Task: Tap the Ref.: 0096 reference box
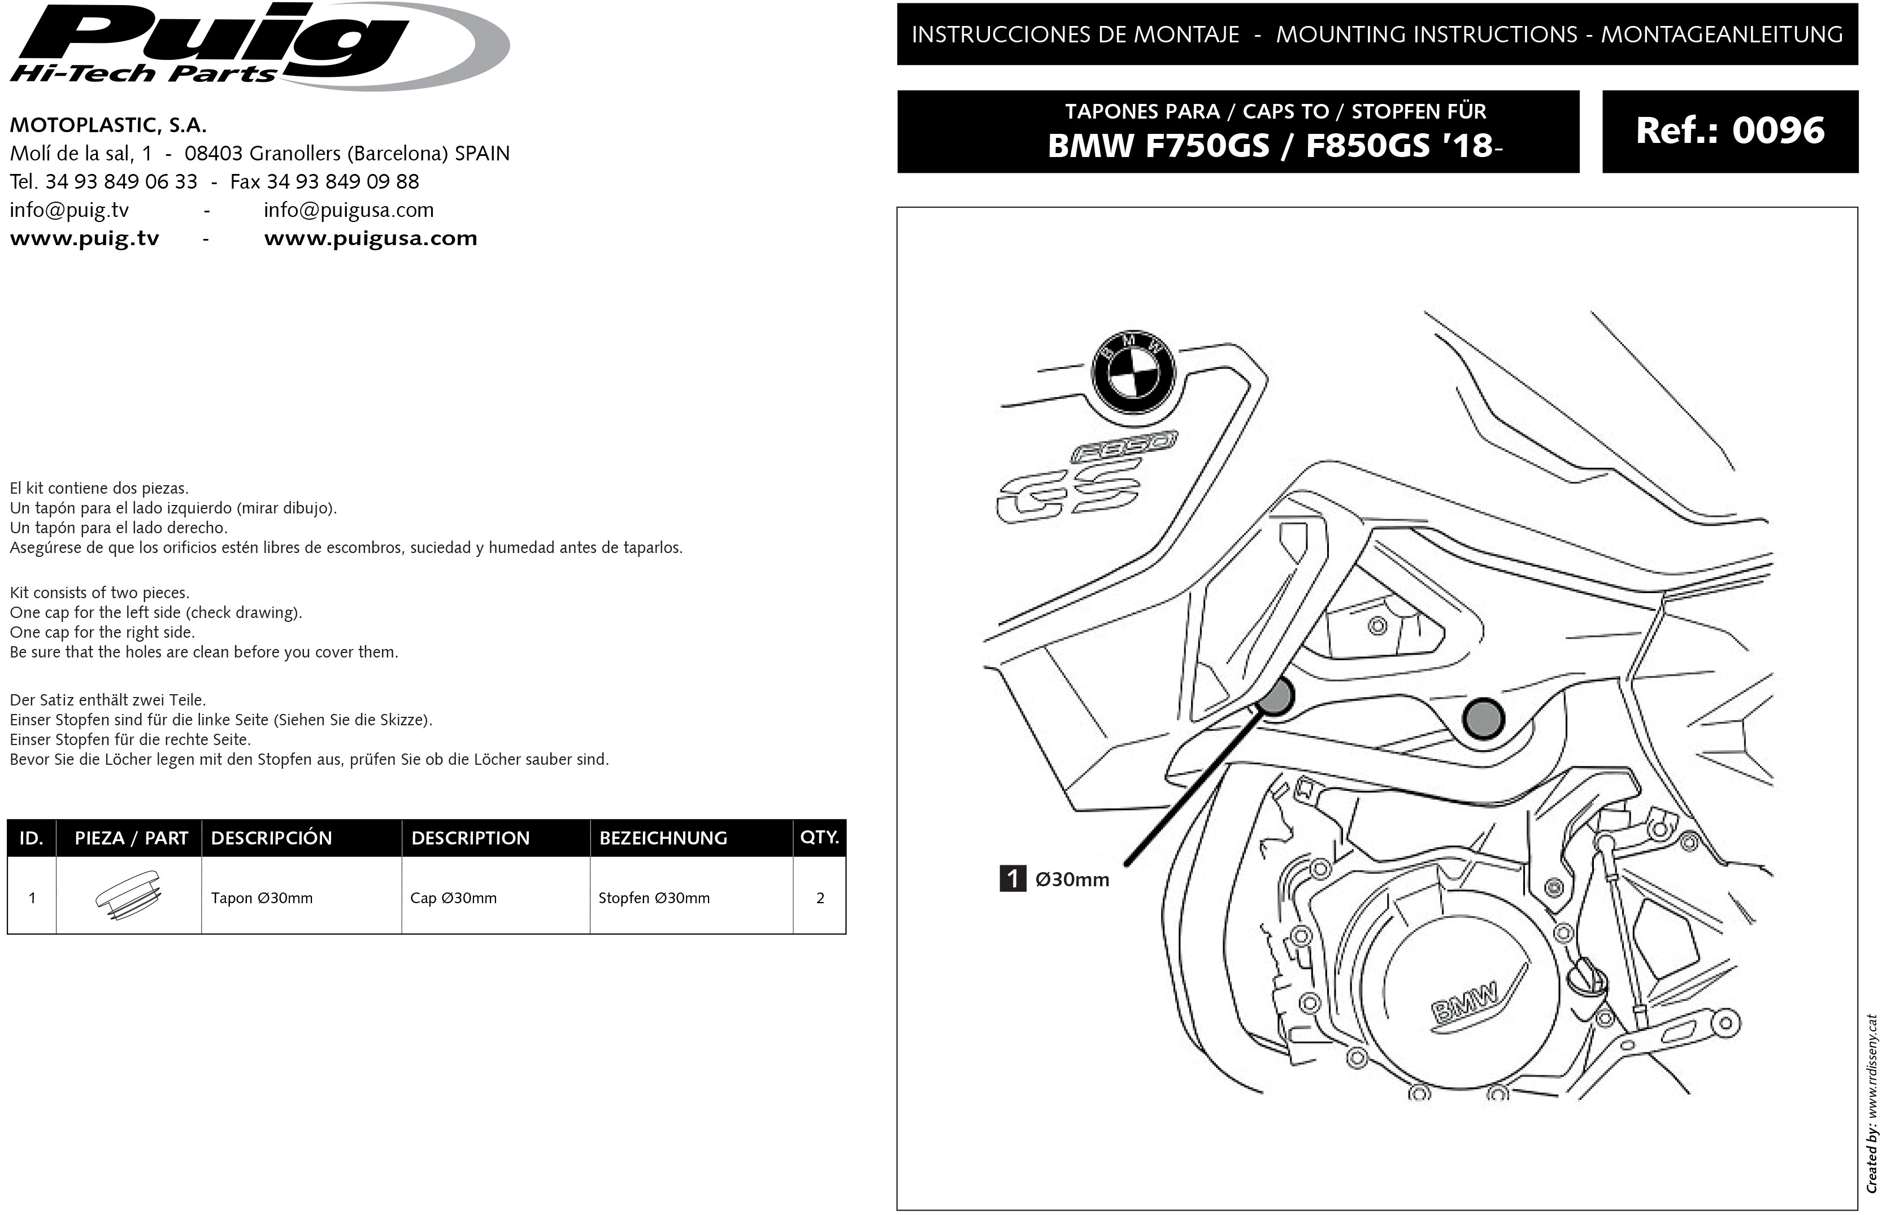1729,131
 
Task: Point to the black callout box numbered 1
1012,878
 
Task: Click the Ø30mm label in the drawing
1072,879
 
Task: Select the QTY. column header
819,837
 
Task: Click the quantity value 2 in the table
820,898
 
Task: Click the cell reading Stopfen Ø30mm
654,898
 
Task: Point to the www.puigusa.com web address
370,238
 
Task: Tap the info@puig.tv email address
69,210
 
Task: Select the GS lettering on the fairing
1069,491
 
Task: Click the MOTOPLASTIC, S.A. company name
108,125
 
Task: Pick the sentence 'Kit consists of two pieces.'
99,593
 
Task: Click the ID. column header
32,838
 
